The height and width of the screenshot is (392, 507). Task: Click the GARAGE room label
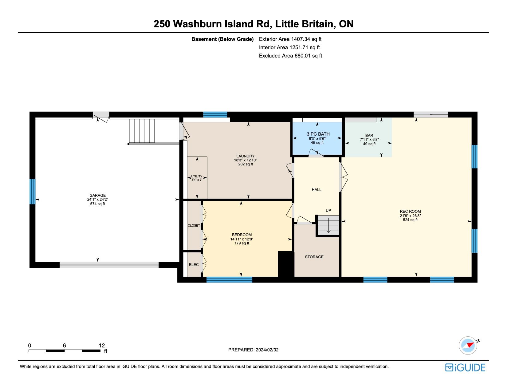pyautogui.click(x=97, y=196)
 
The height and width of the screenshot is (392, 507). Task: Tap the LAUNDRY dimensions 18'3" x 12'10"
pyautogui.click(x=246, y=160)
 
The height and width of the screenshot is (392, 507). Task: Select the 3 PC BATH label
pyautogui.click(x=318, y=134)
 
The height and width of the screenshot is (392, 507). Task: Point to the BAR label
pyautogui.click(x=369, y=135)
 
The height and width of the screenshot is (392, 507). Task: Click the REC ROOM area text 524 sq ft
pyautogui.click(x=410, y=220)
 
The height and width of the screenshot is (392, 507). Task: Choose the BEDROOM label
pyautogui.click(x=242, y=235)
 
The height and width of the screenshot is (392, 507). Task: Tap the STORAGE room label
pyautogui.click(x=314, y=257)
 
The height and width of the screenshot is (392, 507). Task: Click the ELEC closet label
pyautogui.click(x=194, y=264)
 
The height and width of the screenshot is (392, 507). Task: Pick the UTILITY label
pyautogui.click(x=197, y=176)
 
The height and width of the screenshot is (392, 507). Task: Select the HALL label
pyautogui.click(x=316, y=190)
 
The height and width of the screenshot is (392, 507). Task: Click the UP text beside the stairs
pyautogui.click(x=328, y=210)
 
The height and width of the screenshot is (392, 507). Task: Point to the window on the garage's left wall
pyautogui.click(x=33, y=192)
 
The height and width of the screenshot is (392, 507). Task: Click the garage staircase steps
pyautogui.click(x=142, y=131)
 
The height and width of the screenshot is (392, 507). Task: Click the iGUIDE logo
pyautogui.click(x=465, y=367)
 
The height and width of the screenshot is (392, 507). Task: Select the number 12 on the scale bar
pyautogui.click(x=102, y=345)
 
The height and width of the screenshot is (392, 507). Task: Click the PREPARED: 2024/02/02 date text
pyautogui.click(x=253, y=350)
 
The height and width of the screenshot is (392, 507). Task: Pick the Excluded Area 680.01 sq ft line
pyautogui.click(x=290, y=56)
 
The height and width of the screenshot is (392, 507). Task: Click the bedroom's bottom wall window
pyautogui.click(x=229, y=280)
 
